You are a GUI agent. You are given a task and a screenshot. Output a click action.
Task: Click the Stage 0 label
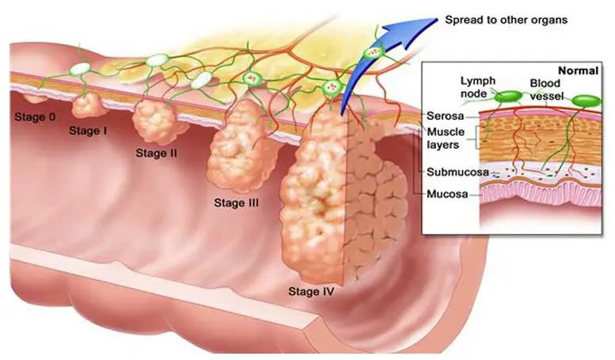35,117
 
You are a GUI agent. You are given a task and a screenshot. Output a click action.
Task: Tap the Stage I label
88,131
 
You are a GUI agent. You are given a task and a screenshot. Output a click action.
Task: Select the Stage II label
156,153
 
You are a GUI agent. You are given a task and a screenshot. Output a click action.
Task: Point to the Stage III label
236,202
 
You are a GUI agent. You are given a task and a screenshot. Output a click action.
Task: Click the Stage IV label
311,291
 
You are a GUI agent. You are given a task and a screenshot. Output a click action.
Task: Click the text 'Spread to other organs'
506,20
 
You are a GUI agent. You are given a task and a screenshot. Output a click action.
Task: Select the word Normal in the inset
578,71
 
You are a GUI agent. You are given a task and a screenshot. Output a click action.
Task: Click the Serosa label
445,116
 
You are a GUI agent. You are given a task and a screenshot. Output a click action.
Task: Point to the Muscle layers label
445,138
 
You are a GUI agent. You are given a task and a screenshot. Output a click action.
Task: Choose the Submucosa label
458,172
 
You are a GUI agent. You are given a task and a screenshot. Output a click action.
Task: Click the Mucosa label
447,194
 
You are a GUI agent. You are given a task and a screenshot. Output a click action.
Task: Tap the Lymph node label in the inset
478,87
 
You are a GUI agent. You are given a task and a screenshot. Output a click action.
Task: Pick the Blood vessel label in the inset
546,90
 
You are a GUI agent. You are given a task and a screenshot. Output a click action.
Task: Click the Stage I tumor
86,105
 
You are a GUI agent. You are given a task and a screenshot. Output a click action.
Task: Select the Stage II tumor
155,121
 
